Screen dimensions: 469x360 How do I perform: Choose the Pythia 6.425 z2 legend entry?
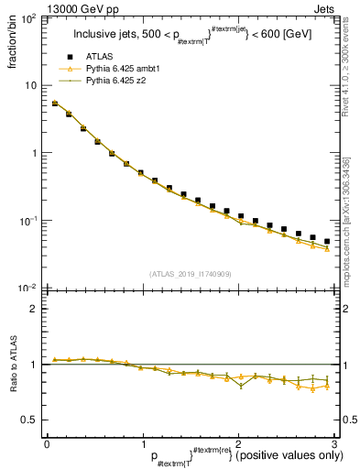coord(119,82)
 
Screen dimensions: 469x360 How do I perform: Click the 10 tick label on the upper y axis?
coord(32,85)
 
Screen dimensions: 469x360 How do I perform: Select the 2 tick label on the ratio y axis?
coord(35,309)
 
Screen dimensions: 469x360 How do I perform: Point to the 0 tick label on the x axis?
coord(46,443)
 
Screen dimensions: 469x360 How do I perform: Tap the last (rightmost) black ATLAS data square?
coord(327,242)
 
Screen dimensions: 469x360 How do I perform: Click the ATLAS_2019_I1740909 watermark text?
coord(189,274)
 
